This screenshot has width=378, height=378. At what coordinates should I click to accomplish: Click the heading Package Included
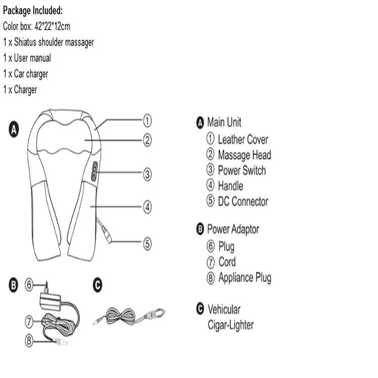click(33, 11)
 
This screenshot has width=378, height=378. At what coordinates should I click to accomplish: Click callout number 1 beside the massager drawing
click(147, 120)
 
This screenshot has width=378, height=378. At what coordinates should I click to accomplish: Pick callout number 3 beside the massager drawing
click(147, 174)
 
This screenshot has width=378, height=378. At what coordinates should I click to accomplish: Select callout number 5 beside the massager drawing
click(147, 243)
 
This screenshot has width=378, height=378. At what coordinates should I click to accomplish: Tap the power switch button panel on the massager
click(94, 171)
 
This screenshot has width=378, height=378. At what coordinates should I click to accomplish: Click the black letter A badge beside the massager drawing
click(15, 130)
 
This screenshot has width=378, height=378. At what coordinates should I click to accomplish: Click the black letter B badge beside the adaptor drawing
click(15, 286)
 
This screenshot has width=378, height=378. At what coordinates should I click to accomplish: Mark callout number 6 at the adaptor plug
click(29, 285)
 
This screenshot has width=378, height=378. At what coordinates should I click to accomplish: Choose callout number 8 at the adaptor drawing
click(29, 340)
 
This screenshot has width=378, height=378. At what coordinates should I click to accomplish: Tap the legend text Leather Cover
click(242, 140)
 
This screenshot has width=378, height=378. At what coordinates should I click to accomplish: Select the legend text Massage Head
click(244, 155)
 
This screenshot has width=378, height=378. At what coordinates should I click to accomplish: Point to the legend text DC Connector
click(243, 202)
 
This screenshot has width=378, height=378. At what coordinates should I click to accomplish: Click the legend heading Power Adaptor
click(233, 229)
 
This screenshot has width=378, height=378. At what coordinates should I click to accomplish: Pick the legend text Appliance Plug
click(244, 278)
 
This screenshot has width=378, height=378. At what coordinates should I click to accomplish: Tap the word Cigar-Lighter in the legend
click(230, 325)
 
